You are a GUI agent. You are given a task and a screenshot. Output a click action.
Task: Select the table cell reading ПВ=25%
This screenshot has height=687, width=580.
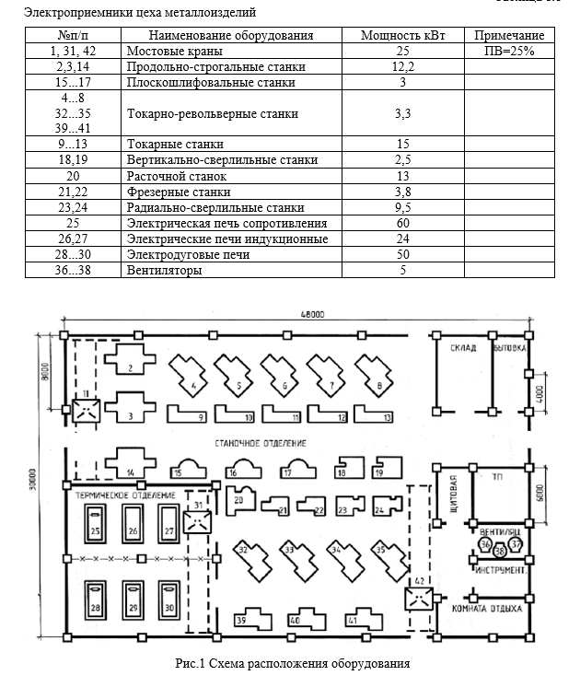(x=509, y=51)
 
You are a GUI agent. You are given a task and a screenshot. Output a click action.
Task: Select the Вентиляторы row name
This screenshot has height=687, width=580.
(x=165, y=271)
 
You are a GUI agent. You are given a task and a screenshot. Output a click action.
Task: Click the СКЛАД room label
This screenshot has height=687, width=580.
(x=462, y=348)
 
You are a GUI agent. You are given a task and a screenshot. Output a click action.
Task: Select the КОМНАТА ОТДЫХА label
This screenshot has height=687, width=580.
(x=488, y=609)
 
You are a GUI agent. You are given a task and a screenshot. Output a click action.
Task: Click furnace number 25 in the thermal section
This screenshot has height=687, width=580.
(x=95, y=531)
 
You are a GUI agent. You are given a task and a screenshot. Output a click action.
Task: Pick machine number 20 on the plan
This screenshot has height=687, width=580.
(x=238, y=500)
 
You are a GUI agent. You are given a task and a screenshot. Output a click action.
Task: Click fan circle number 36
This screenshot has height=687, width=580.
(x=485, y=544)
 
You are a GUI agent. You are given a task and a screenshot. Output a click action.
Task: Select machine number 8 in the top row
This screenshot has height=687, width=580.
(x=379, y=384)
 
